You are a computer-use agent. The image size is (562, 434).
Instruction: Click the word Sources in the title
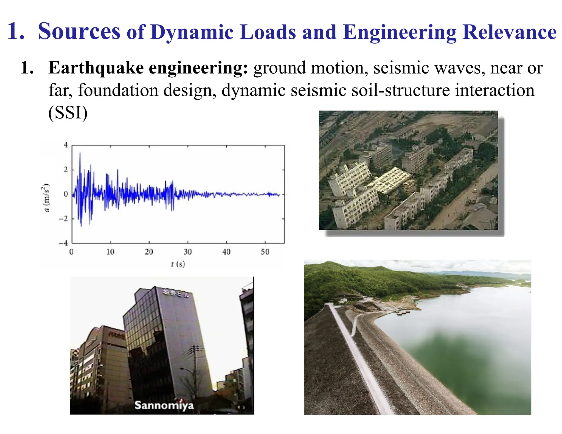tap(79, 32)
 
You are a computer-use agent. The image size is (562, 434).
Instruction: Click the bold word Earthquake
tap(96, 68)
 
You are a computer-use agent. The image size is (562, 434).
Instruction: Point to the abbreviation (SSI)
tap(68, 112)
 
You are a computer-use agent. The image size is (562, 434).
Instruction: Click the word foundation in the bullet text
tap(118, 90)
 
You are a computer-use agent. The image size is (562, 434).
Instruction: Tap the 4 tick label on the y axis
tap(66, 145)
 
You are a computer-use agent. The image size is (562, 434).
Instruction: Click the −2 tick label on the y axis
tap(64, 219)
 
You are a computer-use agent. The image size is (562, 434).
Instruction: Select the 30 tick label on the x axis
tap(188, 252)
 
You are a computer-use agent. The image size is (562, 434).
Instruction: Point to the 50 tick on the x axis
tap(265, 252)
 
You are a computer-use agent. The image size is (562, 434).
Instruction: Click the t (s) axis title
tap(178, 264)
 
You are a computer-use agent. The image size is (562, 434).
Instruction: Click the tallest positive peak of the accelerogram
tap(80, 154)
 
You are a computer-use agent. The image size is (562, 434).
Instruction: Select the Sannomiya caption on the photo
tap(164, 405)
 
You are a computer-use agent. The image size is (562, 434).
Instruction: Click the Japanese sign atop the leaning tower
tap(176, 293)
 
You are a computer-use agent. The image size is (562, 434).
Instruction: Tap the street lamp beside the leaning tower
tap(183, 370)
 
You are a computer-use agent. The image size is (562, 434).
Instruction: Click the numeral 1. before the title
tap(16, 32)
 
